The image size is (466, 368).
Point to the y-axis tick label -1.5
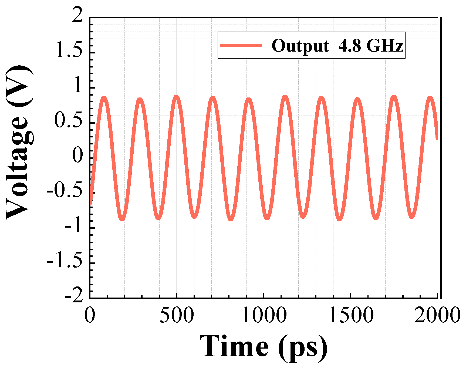(x=65, y=261)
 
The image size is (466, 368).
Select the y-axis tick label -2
(x=73, y=296)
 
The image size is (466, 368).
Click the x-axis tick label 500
(x=177, y=315)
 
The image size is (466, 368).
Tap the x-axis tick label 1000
(x=264, y=315)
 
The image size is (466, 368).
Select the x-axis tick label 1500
(x=351, y=315)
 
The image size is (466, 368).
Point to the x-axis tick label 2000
(x=437, y=315)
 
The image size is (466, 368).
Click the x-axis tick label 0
(x=90, y=315)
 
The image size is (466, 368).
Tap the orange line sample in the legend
(x=241, y=45)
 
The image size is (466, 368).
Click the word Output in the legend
(x=300, y=46)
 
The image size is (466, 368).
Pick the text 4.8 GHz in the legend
(x=371, y=45)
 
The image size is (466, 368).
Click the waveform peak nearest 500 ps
(x=176, y=97)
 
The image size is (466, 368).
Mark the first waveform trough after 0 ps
(x=122, y=219)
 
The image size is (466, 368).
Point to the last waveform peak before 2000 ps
(x=430, y=98)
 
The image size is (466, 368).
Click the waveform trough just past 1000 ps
(x=267, y=218)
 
